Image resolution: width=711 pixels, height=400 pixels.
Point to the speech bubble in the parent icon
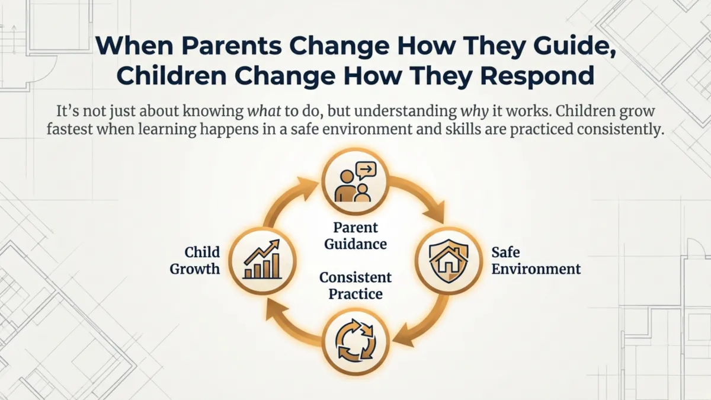point(366,171)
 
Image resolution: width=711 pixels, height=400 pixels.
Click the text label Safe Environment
point(536,261)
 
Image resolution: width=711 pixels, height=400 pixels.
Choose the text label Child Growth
point(195,261)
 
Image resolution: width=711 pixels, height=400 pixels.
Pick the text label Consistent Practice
point(355,285)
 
